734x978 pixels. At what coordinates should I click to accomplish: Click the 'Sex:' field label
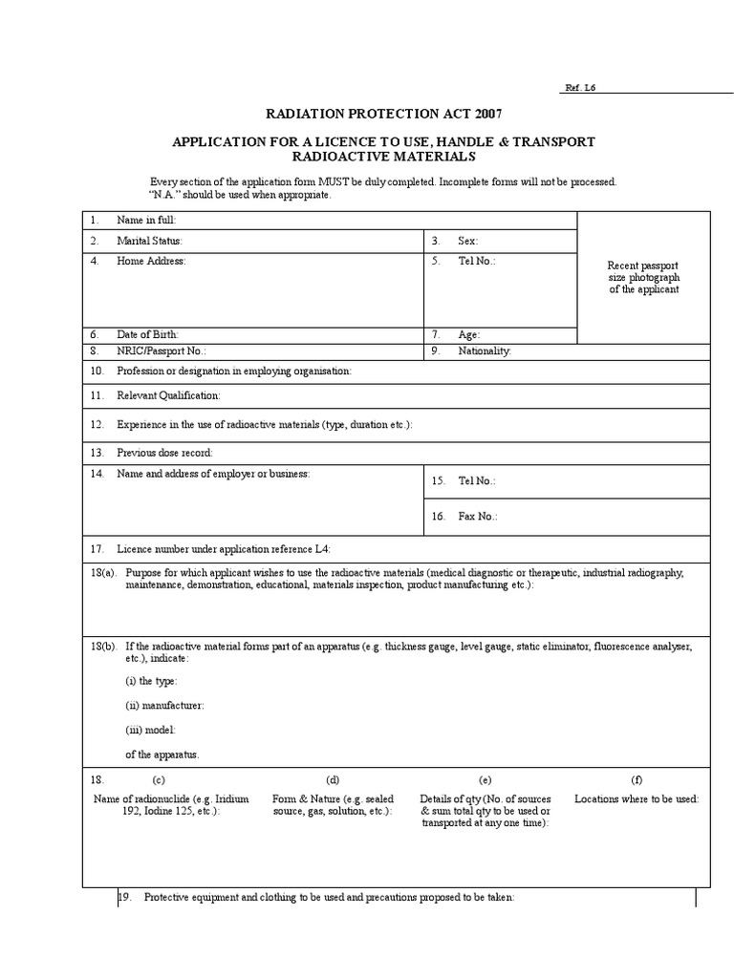click(467, 242)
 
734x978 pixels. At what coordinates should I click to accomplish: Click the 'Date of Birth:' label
click(147, 335)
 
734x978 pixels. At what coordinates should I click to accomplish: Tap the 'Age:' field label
click(468, 335)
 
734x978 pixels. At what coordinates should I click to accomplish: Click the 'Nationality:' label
click(485, 351)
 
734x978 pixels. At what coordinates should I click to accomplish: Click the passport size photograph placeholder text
click(643, 277)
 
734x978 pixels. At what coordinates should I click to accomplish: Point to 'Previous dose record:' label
click(164, 453)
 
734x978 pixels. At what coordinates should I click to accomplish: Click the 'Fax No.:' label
click(477, 517)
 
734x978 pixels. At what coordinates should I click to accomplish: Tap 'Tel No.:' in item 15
click(477, 482)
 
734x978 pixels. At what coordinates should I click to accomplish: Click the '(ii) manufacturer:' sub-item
click(164, 706)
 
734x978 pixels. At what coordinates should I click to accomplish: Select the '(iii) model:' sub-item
click(152, 730)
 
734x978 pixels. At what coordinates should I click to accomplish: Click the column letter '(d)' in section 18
click(333, 779)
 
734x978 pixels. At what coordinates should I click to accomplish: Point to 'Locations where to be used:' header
click(637, 798)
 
